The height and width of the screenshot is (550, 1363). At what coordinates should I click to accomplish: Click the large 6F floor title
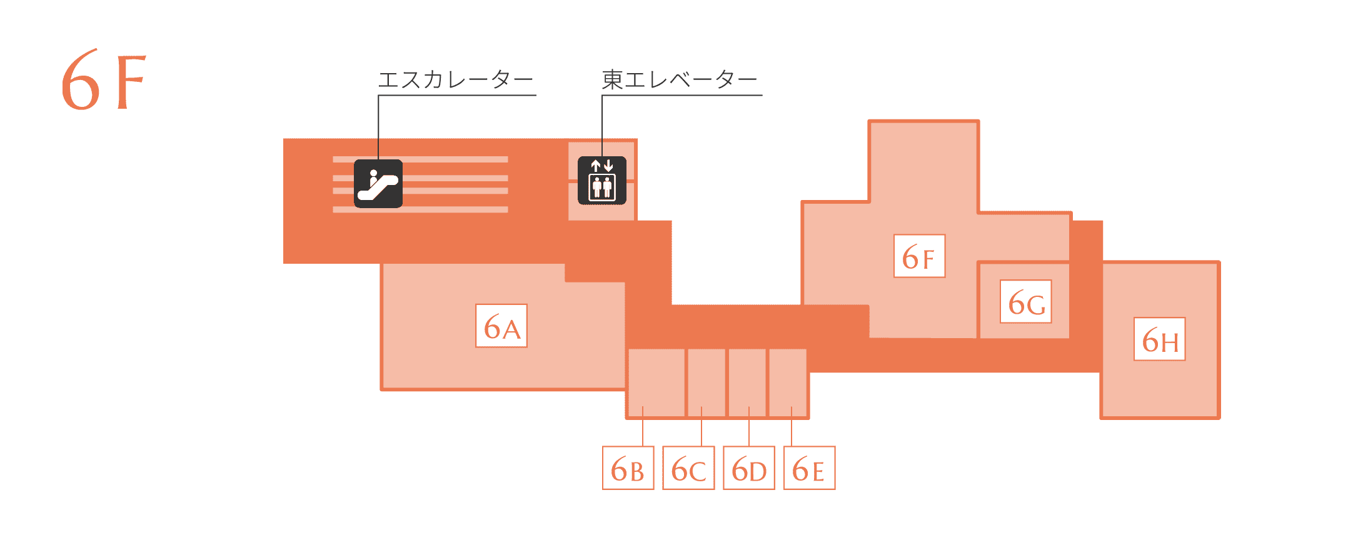(x=103, y=80)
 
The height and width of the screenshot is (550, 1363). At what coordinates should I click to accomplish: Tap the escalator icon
(x=378, y=184)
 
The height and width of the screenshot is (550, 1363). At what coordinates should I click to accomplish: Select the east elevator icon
(x=602, y=181)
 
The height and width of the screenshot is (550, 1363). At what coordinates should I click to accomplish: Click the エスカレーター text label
(x=455, y=79)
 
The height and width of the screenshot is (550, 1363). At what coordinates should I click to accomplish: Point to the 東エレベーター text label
(x=680, y=79)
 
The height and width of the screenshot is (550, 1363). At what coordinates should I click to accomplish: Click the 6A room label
(x=501, y=326)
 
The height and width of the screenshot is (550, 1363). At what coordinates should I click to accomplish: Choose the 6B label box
(x=628, y=467)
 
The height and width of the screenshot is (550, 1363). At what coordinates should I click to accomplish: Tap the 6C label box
(x=688, y=467)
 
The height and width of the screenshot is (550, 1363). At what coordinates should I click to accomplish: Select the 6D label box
(x=749, y=467)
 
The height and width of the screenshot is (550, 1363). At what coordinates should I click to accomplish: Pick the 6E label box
(x=810, y=467)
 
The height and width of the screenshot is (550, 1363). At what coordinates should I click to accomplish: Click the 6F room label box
(x=919, y=256)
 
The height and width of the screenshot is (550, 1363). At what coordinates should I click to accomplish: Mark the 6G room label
(x=1026, y=302)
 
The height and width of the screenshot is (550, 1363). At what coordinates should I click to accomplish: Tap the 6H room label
(x=1160, y=339)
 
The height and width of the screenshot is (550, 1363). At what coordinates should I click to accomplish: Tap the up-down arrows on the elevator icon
(x=602, y=166)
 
